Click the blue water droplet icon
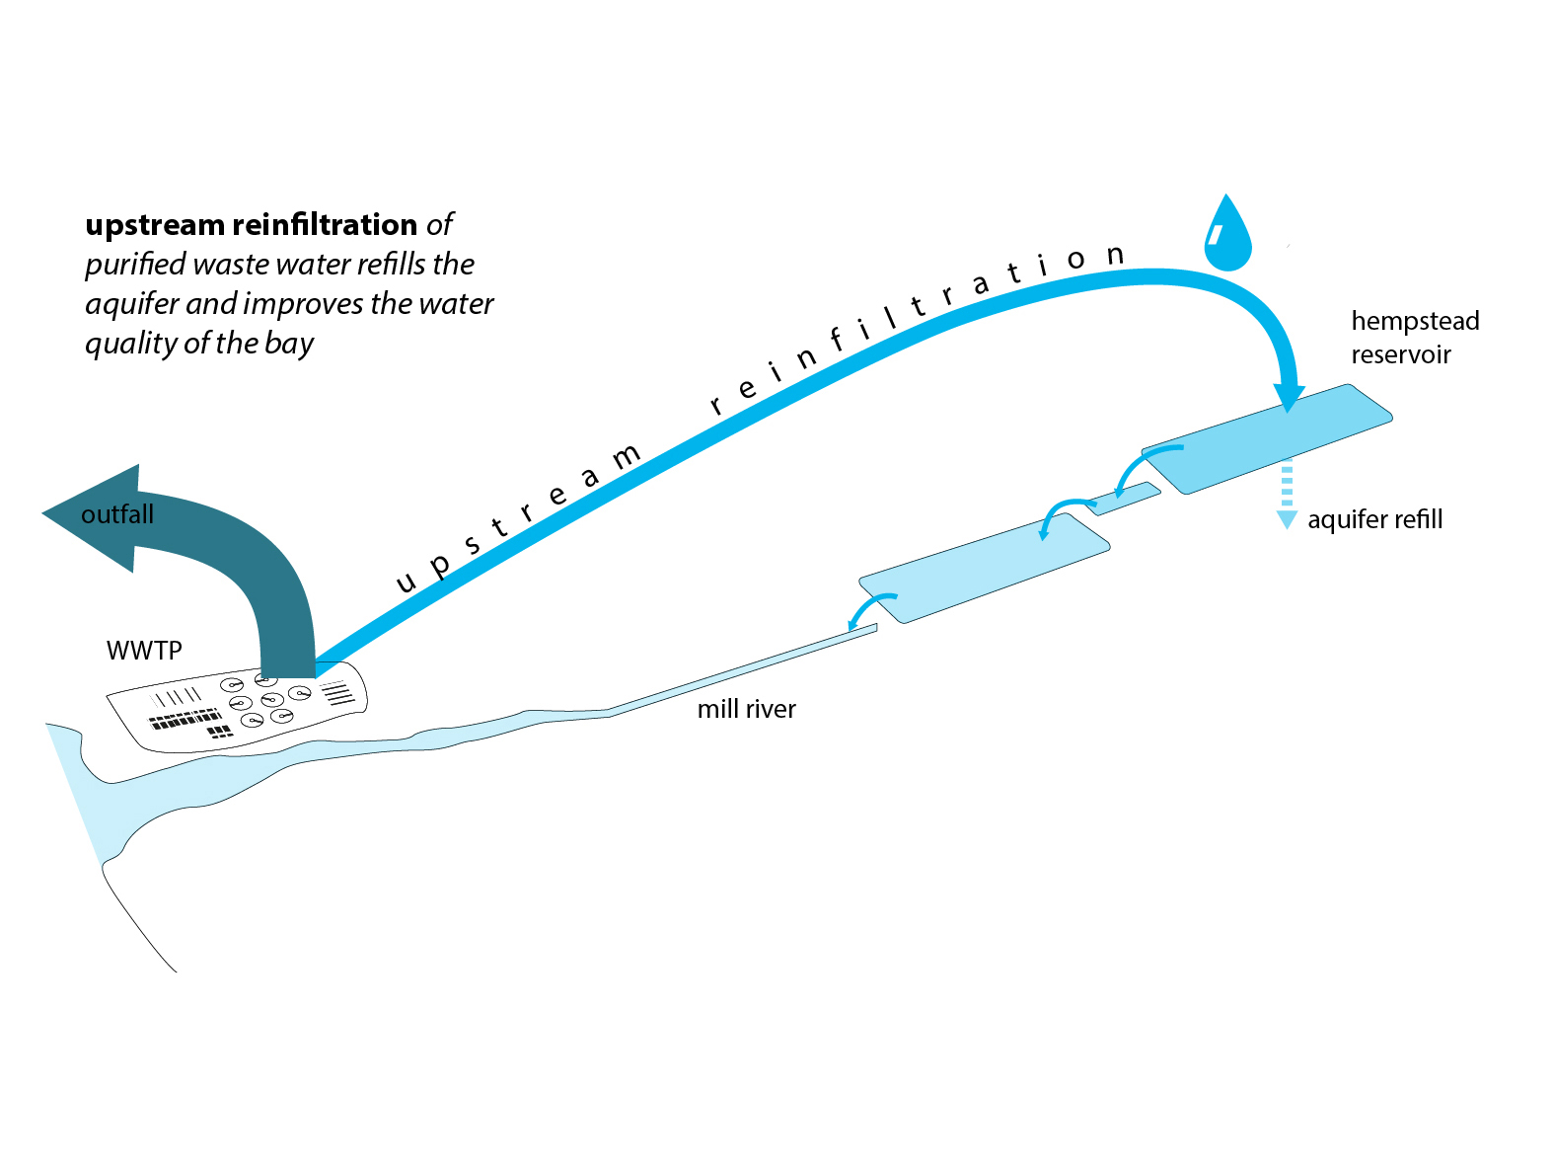1227,234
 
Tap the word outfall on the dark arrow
116,514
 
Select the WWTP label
144,651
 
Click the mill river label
746,709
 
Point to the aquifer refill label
1374,519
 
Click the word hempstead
1415,321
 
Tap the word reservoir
1401,354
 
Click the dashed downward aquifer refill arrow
1287,494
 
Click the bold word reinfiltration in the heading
325,224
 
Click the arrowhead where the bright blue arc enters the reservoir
1289,398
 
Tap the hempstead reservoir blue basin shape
1267,439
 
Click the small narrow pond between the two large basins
1123,499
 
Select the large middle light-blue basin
984,568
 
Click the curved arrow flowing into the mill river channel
868,608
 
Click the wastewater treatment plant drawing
237,706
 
